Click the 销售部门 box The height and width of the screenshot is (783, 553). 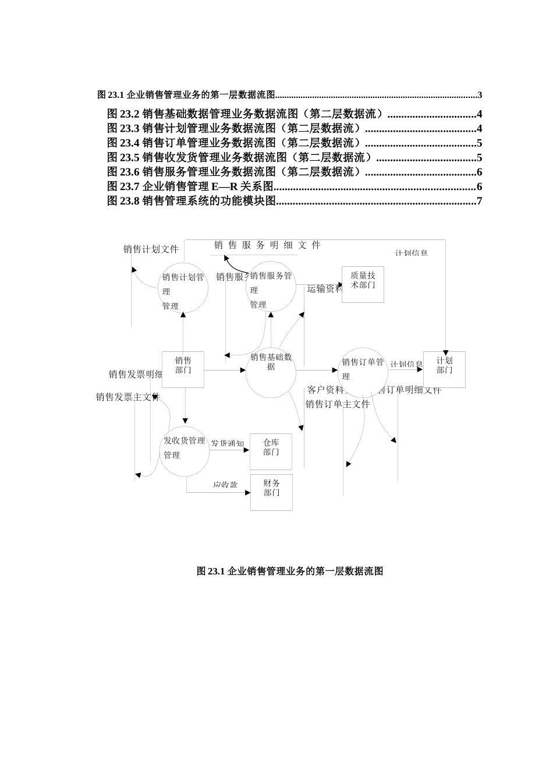pyautogui.click(x=183, y=369)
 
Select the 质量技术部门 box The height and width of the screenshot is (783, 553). pyautogui.click(x=363, y=285)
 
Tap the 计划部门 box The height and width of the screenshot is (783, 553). pyautogui.click(x=444, y=369)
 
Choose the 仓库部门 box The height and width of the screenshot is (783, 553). pyautogui.click(x=271, y=452)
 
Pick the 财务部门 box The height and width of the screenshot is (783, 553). pyautogui.click(x=271, y=492)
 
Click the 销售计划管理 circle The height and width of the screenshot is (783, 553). pyautogui.click(x=183, y=288)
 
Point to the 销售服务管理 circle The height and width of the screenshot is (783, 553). pyautogui.click(x=271, y=287)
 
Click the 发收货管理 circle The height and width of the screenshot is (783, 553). pyautogui.click(x=185, y=452)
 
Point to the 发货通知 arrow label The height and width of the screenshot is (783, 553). pyautogui.click(x=228, y=443)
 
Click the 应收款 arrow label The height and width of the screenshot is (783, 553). pyautogui.click(x=225, y=485)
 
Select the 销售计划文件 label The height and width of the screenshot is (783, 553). pyautogui.click(x=151, y=249)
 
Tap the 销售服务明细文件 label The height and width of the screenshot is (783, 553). pyautogui.click(x=267, y=245)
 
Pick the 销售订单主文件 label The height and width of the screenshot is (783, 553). pyautogui.click(x=338, y=404)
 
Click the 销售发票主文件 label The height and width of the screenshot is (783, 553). pyautogui.click(x=127, y=397)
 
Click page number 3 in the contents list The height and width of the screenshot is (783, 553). pyautogui.click(x=479, y=95)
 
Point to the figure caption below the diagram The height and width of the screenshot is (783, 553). pyautogui.click(x=290, y=571)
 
